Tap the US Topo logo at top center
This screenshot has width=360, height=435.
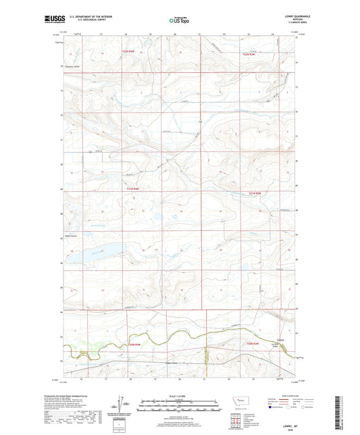[x=179, y=21]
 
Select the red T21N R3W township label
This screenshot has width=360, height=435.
[x=253, y=195]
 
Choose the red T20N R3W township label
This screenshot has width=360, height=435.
[x=255, y=344]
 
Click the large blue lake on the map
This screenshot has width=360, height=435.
[x=103, y=253]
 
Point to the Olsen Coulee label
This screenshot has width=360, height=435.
[x=72, y=235]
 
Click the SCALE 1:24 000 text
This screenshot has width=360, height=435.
[x=179, y=394]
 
